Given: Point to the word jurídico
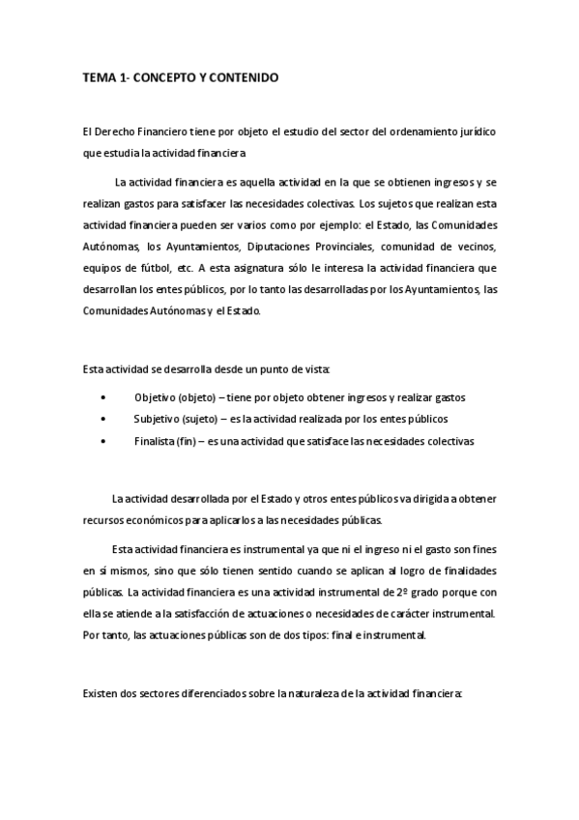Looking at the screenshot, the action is (474, 131).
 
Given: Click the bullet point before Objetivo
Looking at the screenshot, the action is (103, 397).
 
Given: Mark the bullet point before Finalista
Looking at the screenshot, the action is (103, 440).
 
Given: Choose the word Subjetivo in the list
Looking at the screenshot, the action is (159, 419).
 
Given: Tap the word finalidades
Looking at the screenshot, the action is (462, 570).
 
